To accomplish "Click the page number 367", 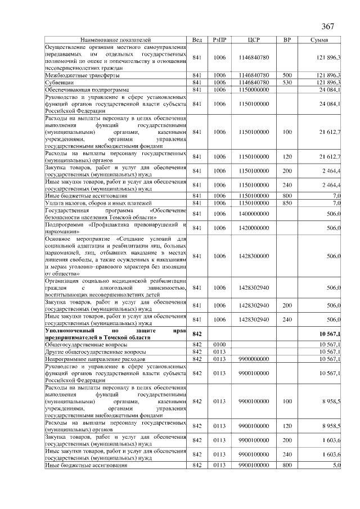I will click(328, 27).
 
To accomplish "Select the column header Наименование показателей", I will click(116, 40).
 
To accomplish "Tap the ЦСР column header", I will click(254, 40).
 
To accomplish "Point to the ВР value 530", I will click(287, 82).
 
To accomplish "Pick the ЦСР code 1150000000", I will click(254, 89).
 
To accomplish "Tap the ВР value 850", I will click(287, 202).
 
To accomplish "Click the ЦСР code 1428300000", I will click(254, 256).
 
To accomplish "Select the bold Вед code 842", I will click(197, 335).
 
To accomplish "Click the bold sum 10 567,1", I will click(330, 335).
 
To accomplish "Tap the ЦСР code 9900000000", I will click(254, 358).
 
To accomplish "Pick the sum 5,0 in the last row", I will click(336, 465).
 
